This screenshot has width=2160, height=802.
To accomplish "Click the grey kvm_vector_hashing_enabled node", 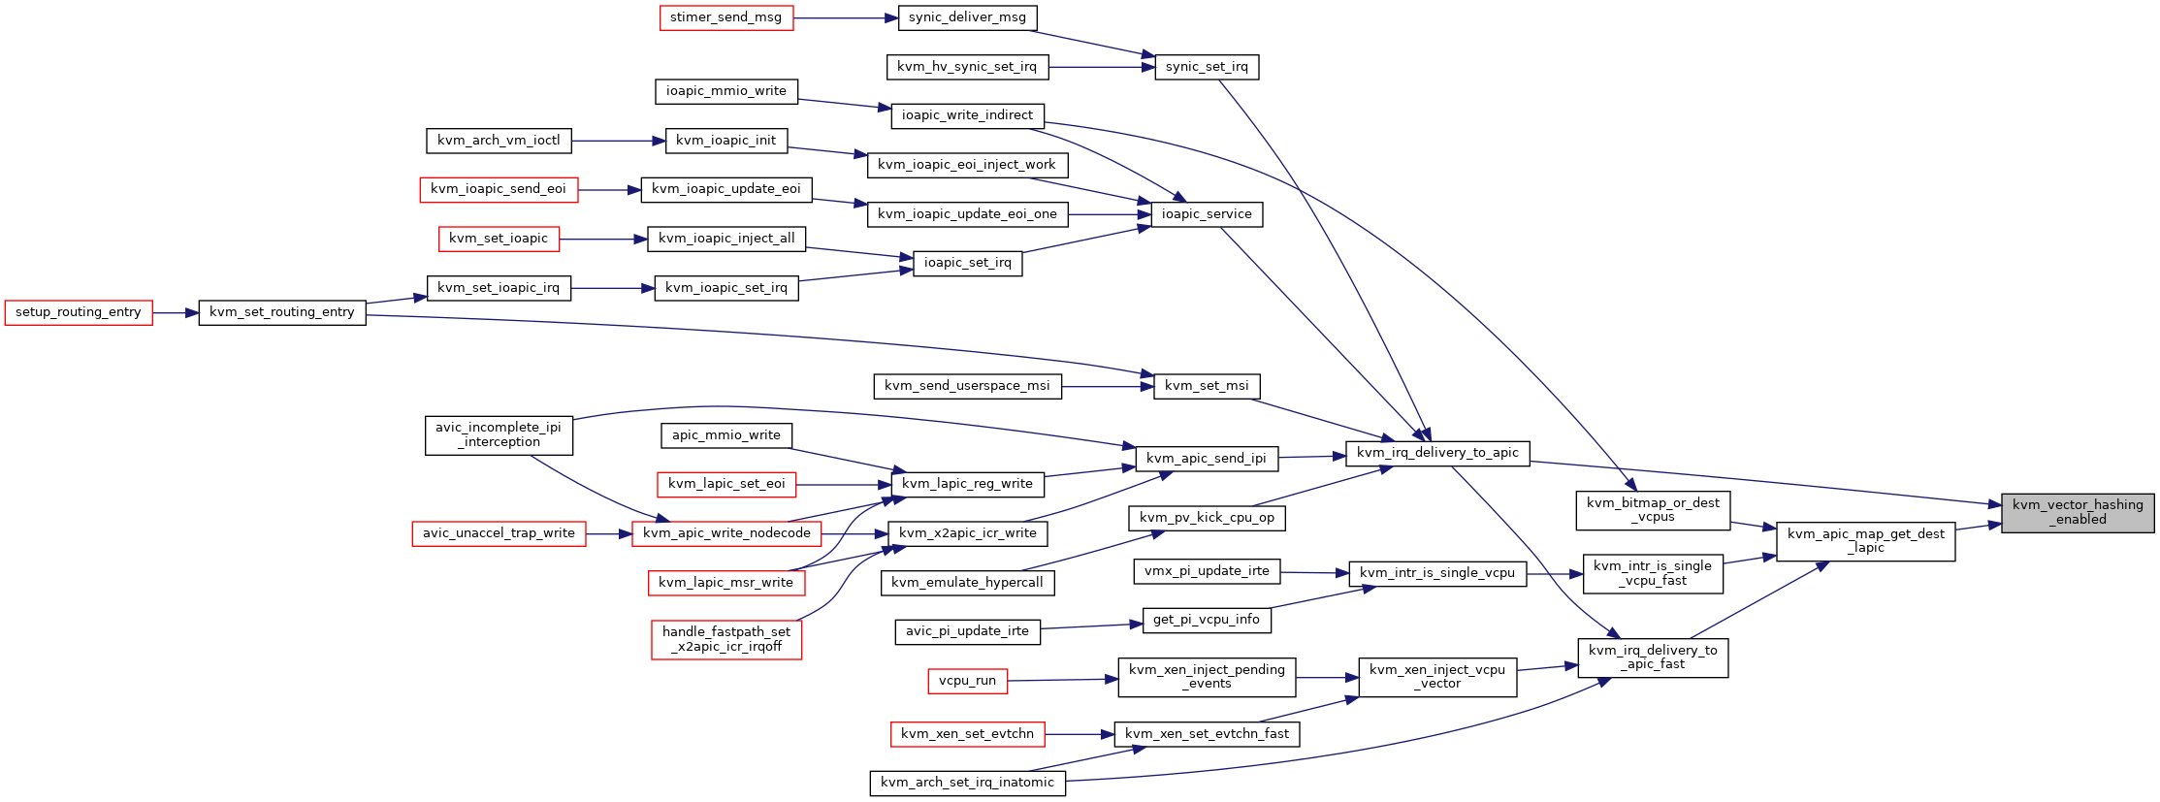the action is pyautogui.click(x=2078, y=512).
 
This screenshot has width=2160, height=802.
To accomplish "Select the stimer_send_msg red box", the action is pyautogui.click(x=726, y=17).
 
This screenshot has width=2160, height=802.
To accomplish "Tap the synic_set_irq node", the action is pyautogui.click(x=1207, y=67).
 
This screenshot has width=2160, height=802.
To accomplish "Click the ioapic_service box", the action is pyautogui.click(x=1207, y=214).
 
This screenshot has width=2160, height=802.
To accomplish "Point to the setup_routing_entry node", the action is pyautogui.click(x=79, y=312).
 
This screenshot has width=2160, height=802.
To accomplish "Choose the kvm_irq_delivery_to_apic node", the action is pyautogui.click(x=1437, y=453).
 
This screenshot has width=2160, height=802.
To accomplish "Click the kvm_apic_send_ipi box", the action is pyautogui.click(x=1207, y=459).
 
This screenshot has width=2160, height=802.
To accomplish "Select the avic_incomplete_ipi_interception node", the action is pyautogui.click(x=499, y=434).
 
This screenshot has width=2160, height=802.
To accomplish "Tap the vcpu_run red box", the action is pyautogui.click(x=967, y=681).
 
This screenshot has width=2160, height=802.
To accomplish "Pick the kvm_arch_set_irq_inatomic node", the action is pyautogui.click(x=967, y=783).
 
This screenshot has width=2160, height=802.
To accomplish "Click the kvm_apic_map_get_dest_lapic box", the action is pyautogui.click(x=1865, y=541).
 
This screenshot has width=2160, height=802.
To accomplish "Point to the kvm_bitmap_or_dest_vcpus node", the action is pyautogui.click(x=1653, y=510).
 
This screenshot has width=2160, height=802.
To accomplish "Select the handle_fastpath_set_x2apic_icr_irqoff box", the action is pyautogui.click(x=726, y=639).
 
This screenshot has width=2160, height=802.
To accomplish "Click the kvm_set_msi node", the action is pyautogui.click(x=1207, y=386).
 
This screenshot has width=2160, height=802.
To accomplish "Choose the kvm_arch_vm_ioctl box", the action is pyautogui.click(x=499, y=141).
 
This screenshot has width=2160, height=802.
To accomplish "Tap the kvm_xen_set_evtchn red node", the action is pyautogui.click(x=967, y=734).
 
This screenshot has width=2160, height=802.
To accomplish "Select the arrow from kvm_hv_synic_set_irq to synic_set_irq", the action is pyautogui.click(x=1102, y=67).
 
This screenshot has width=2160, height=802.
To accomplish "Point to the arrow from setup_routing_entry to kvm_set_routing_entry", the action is pyautogui.click(x=176, y=312).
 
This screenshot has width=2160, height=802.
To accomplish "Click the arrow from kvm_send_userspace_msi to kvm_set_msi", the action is pyautogui.click(x=1108, y=386).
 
